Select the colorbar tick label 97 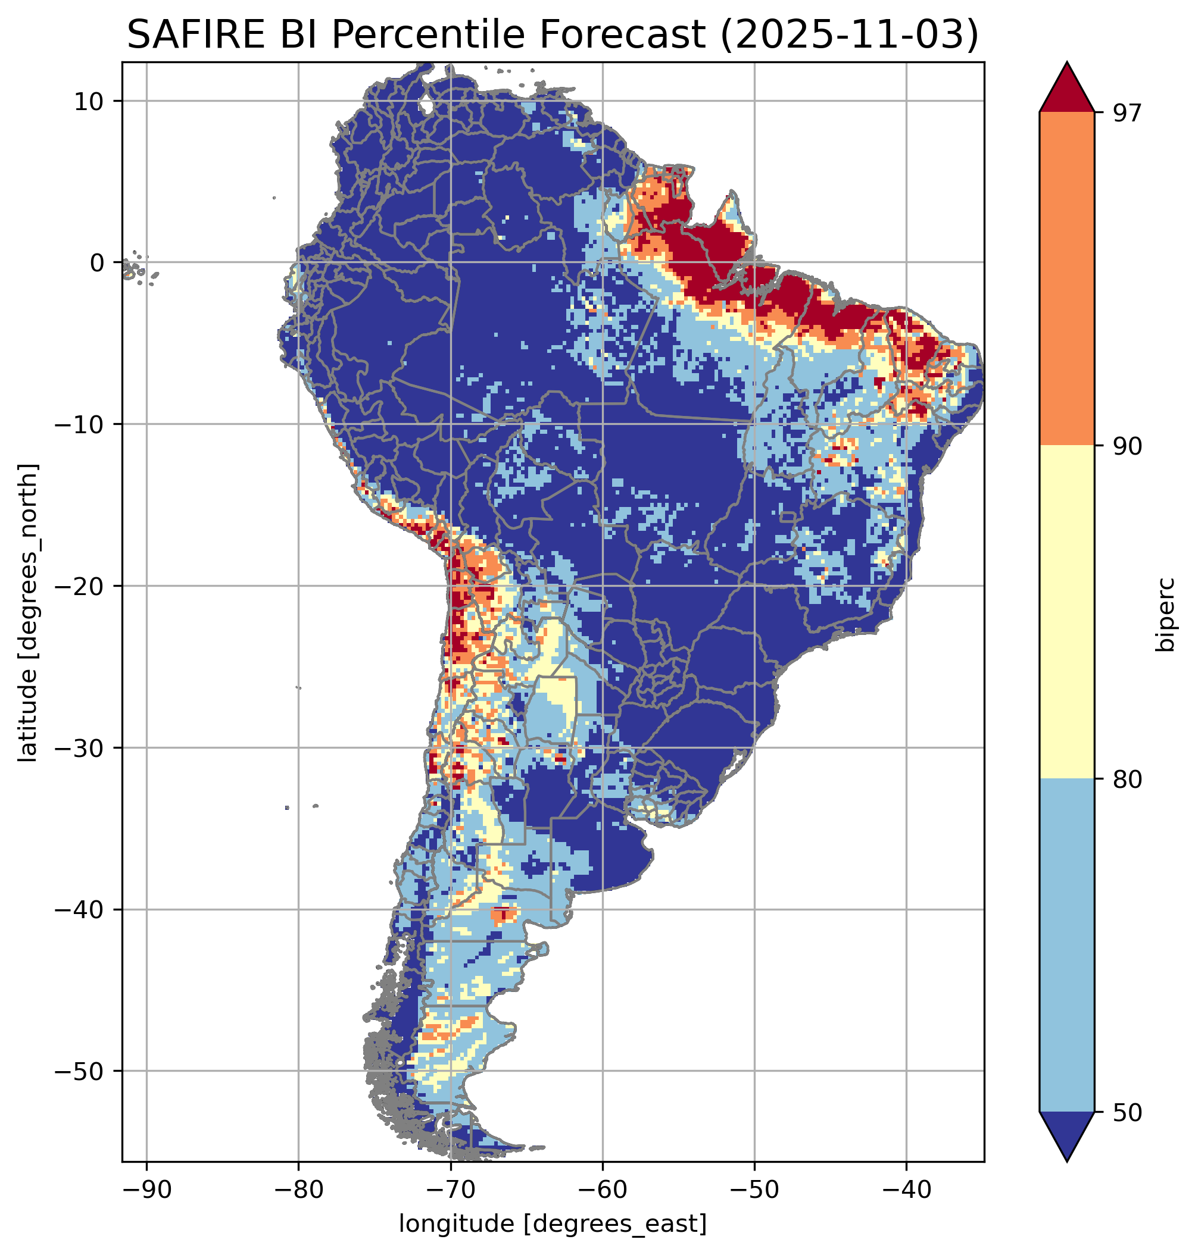[x=1128, y=112]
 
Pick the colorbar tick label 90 [x=1128, y=446]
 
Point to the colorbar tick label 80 [x=1128, y=779]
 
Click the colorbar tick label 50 [x=1128, y=1112]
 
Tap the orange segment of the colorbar [x=1067, y=279]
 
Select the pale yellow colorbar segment [x=1067, y=611]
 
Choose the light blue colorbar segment [x=1067, y=946]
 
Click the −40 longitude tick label [x=906, y=1189]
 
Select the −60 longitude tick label [x=602, y=1189]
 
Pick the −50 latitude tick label [x=79, y=1071]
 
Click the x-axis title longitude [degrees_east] [x=553, y=1223]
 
